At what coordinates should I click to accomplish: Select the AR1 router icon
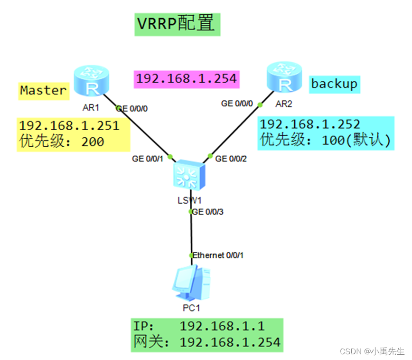point(92,82)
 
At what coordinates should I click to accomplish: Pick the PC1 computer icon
point(191,283)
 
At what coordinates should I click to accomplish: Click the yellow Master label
point(43,90)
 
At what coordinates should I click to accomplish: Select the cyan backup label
point(334,84)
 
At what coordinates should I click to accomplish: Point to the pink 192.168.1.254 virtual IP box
point(187,78)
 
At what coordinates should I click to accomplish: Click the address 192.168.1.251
point(69,126)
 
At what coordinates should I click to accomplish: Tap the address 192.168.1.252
point(310,124)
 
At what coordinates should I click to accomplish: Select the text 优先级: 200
point(62,142)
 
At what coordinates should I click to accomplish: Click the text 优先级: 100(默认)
point(325,140)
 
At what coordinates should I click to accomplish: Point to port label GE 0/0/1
point(148,159)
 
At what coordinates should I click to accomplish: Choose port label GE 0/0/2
point(231,159)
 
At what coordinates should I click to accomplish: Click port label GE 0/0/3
point(207,212)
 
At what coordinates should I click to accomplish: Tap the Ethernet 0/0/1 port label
point(218,256)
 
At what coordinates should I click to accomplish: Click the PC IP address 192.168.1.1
point(222,326)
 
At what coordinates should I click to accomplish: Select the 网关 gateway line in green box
point(207,342)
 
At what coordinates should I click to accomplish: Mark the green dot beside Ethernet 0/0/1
point(191,256)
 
